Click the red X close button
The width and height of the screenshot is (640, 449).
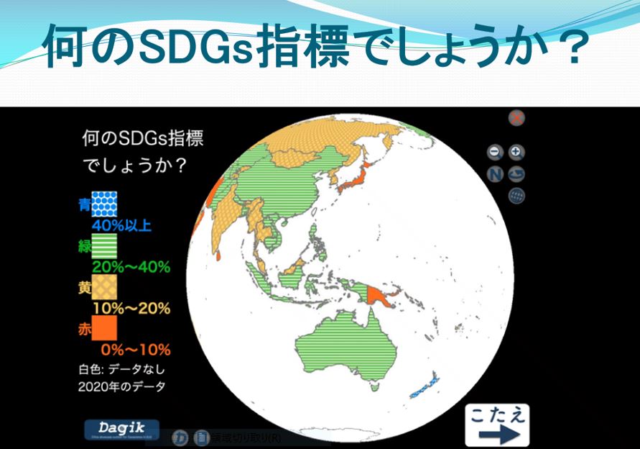tap(516, 118)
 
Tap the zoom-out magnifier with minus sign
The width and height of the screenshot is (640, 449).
tap(494, 152)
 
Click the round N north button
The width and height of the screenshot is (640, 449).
tap(495, 173)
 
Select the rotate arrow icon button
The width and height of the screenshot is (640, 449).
tap(516, 173)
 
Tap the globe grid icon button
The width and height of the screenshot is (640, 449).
tap(516, 196)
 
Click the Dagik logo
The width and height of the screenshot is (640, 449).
tap(121, 428)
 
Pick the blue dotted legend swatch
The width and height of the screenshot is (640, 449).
tap(103, 205)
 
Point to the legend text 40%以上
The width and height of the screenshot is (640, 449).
tap(126, 227)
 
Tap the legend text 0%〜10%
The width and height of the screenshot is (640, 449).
tap(135, 350)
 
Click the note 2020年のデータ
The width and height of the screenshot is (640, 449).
tap(122, 386)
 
